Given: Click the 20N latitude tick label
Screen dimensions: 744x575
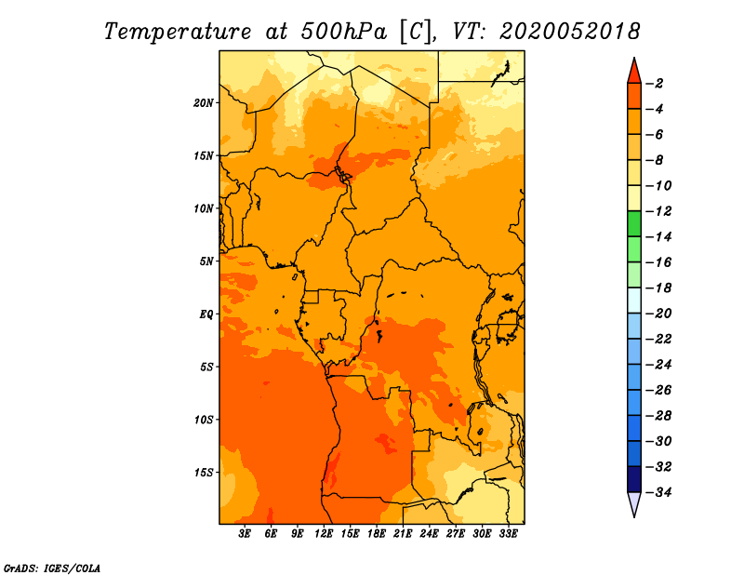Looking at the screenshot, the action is (x=204, y=103).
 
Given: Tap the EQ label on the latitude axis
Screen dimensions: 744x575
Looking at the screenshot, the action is (x=206, y=314).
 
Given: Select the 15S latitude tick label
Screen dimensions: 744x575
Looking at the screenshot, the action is (x=204, y=473).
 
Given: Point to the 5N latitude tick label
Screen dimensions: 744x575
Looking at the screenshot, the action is (x=206, y=261).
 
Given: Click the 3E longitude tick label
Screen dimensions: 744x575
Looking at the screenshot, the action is (x=245, y=534).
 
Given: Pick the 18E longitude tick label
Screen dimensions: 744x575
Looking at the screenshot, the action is (x=377, y=534).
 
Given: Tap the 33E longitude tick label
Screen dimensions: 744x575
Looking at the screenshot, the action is (x=508, y=534).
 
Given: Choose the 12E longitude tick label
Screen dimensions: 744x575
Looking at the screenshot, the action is (x=324, y=534).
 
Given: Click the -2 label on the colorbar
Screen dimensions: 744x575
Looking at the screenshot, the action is (x=655, y=84).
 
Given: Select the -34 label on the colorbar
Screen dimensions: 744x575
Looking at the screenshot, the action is (x=658, y=492).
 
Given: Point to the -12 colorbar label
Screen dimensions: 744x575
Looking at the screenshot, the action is (x=658, y=211).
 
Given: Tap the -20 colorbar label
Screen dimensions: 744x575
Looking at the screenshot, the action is (x=658, y=314).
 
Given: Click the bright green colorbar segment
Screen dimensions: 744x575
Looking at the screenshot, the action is (x=634, y=224).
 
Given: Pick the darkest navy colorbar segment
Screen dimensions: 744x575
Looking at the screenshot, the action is (x=634, y=479).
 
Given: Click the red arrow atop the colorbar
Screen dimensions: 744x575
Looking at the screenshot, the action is (x=634, y=72).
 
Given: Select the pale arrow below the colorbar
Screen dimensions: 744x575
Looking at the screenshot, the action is (x=634, y=504).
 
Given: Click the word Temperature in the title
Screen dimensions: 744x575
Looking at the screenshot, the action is (x=178, y=32).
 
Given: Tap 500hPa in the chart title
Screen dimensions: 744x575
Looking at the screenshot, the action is (x=344, y=32).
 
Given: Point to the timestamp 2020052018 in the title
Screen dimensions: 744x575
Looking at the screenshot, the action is (x=570, y=32).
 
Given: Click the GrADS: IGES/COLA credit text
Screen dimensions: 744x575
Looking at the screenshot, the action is (x=52, y=568).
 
